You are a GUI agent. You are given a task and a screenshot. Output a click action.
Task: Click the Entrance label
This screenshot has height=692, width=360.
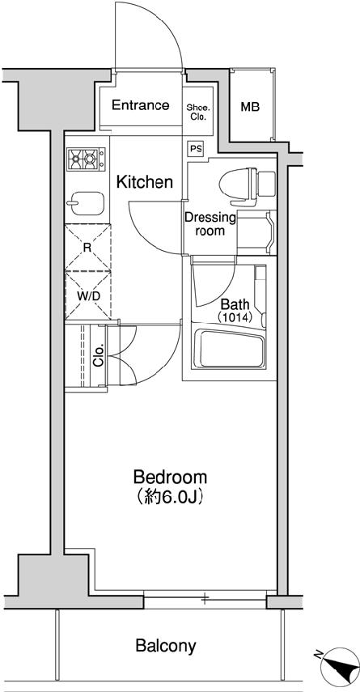point(140,105)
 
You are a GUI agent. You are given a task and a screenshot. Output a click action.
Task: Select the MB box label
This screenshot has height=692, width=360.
point(250,106)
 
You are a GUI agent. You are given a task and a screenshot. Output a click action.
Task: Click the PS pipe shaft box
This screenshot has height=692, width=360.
point(195,148)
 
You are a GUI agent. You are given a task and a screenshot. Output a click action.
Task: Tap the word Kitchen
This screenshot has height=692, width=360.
point(145,182)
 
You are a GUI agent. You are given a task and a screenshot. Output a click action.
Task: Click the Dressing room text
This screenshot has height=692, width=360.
point(210,223)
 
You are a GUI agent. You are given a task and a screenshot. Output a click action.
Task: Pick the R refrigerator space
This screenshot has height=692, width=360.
point(86,248)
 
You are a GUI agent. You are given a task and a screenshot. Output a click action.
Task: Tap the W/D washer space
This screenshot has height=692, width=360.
point(88,295)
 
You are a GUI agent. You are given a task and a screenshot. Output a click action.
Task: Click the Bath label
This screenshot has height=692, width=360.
point(234,304)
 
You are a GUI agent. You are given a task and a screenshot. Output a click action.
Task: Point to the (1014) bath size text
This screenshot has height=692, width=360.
point(235,318)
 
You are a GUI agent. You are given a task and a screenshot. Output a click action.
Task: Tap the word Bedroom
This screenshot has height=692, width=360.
point(170,477)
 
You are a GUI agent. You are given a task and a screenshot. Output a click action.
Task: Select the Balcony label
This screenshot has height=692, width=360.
point(165,646)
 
